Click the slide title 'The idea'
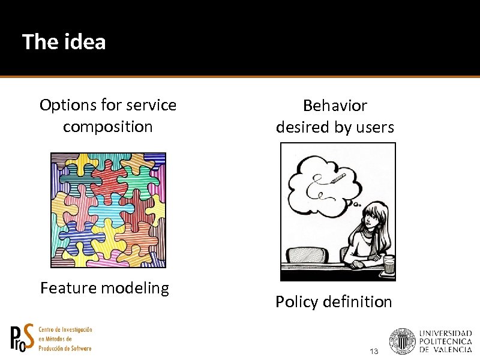(x=64, y=41)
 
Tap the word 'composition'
(x=108, y=127)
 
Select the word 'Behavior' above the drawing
(x=335, y=106)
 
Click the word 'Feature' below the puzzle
(x=68, y=288)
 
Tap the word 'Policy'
(x=297, y=302)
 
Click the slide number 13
(x=374, y=351)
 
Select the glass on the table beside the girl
(x=389, y=265)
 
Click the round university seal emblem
(x=402, y=341)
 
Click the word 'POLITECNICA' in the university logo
(x=445, y=341)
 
